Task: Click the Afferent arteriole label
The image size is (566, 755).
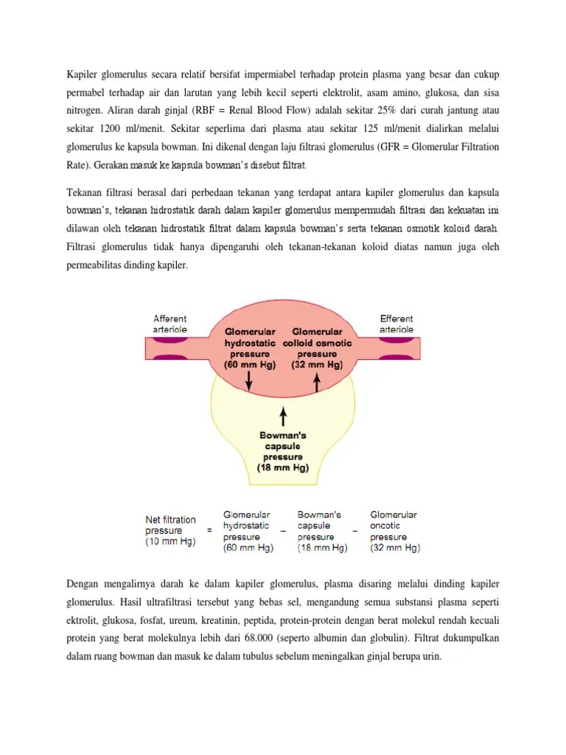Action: (170, 324)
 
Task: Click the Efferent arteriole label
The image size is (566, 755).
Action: (396, 324)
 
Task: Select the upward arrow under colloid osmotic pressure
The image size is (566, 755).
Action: (318, 381)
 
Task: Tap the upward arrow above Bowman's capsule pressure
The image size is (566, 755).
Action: (283, 417)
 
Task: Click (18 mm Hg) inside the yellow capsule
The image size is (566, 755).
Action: (283, 467)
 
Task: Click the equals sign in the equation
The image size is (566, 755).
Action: (209, 530)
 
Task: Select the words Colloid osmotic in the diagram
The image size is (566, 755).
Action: (318, 344)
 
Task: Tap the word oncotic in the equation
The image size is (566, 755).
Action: (386, 526)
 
